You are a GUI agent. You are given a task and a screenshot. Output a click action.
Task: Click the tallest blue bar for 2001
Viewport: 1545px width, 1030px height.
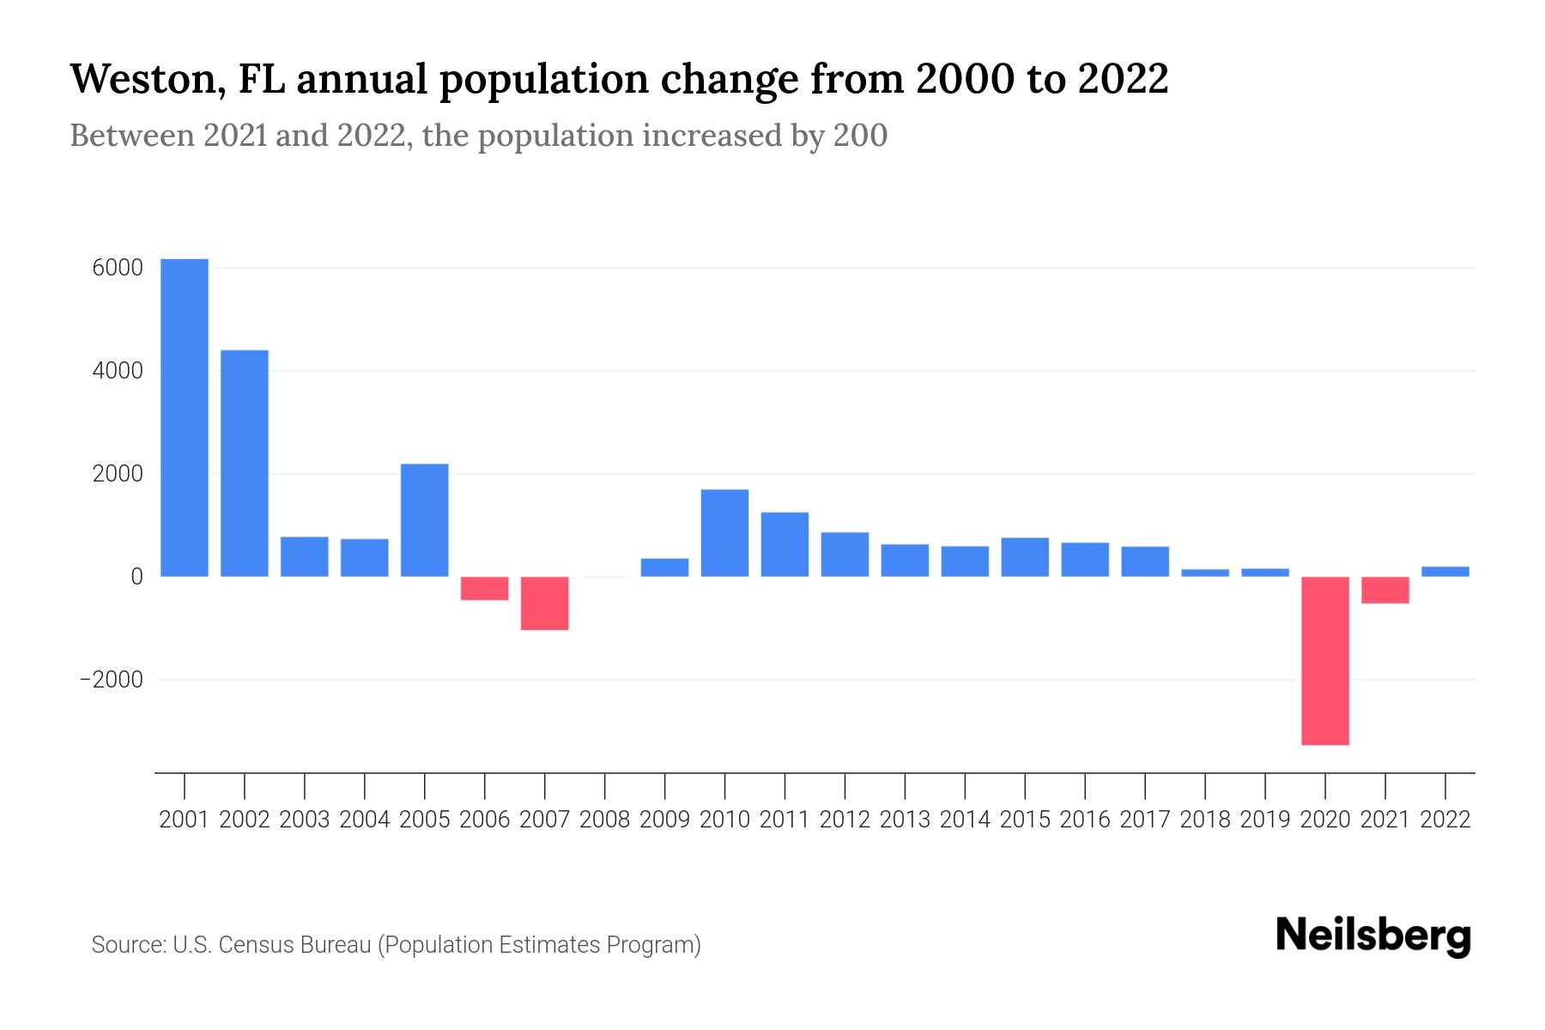[x=185, y=417]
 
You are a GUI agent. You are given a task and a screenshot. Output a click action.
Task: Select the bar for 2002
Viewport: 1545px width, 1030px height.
[x=245, y=463]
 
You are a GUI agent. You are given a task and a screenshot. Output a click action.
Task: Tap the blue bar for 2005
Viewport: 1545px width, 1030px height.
[x=425, y=520]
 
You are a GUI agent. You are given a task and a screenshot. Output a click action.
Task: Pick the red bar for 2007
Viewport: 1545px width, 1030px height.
[x=544, y=603]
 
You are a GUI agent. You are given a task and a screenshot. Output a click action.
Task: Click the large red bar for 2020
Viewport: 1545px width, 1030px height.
[x=1325, y=660]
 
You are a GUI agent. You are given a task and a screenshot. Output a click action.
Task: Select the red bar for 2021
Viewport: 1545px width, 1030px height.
[x=1385, y=590]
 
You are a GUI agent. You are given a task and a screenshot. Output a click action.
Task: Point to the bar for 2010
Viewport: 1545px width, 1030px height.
[x=724, y=533]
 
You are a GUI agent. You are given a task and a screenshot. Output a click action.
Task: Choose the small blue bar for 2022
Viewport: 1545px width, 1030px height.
[x=1445, y=572]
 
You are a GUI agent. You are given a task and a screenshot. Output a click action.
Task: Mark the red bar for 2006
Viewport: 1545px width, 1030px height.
[x=485, y=588]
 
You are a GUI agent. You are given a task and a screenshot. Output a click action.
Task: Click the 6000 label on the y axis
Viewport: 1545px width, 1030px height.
[x=118, y=269]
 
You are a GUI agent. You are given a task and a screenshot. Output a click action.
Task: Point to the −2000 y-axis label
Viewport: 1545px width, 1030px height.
[x=112, y=680]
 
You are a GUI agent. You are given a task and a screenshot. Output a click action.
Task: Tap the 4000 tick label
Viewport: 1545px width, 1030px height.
[x=118, y=372]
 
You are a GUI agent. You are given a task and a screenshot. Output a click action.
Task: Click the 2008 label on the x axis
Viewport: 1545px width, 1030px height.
[x=604, y=820]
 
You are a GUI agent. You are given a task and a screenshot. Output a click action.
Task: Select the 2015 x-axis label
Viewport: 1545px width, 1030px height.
[x=1025, y=820]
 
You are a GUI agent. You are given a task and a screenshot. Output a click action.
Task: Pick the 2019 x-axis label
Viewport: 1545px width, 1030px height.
[x=1265, y=820]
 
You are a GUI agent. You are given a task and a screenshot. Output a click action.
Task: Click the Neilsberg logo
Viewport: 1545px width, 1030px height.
[x=1373, y=936]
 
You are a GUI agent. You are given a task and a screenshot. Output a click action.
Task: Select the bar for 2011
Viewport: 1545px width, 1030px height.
[x=785, y=544]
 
